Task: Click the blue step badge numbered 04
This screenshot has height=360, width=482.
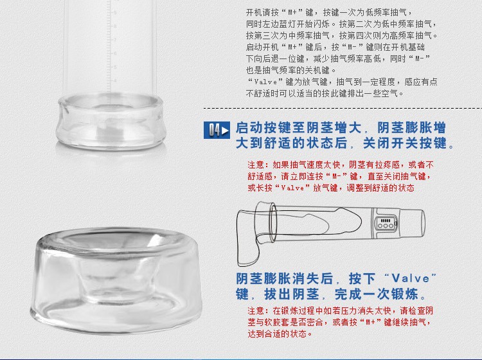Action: (217, 130)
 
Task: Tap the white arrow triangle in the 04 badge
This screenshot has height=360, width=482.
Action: (225, 130)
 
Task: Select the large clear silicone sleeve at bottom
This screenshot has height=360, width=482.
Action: (116, 280)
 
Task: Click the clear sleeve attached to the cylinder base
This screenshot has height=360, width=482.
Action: (109, 122)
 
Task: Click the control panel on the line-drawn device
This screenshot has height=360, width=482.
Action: (385, 224)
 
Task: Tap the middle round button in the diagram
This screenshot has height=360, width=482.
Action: (385, 226)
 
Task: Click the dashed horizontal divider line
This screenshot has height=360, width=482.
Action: (343, 108)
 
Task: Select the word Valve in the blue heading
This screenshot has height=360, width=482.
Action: (411, 278)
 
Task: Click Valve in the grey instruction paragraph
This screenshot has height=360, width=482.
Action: (266, 82)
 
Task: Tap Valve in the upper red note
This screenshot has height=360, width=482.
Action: (292, 188)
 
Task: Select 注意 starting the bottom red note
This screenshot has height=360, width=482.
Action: (256, 310)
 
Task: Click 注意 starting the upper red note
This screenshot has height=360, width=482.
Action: (256, 165)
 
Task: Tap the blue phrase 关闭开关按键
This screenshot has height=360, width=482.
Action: (404, 143)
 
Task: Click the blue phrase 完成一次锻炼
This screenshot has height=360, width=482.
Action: (377, 294)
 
